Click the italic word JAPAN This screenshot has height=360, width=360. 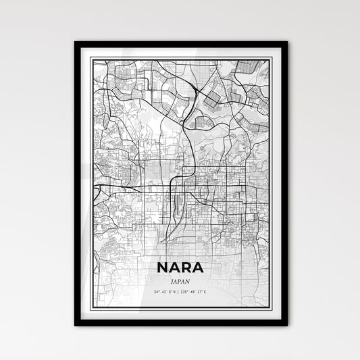(180, 265)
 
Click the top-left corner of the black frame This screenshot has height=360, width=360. (76, 43)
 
